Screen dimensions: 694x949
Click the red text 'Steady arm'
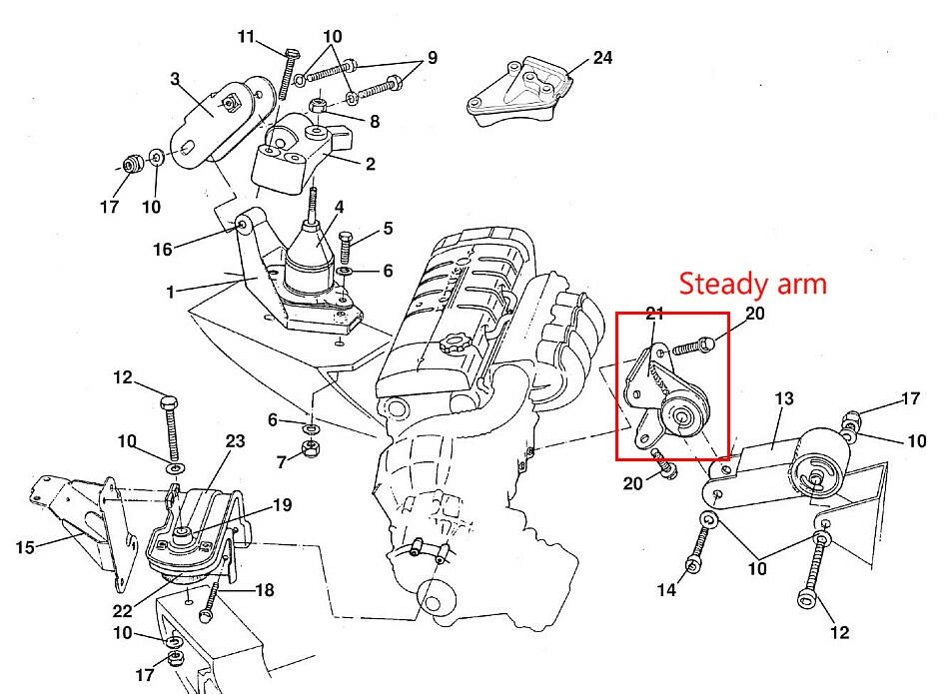coord(753,284)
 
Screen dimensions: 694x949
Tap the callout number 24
coord(602,58)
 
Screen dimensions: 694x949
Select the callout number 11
coord(249,38)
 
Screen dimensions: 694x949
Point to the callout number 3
coord(175,80)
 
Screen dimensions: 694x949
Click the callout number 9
coord(432,58)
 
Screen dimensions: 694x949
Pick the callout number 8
coord(374,122)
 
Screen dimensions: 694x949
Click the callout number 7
coord(282,461)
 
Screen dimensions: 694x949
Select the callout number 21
coord(655,314)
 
